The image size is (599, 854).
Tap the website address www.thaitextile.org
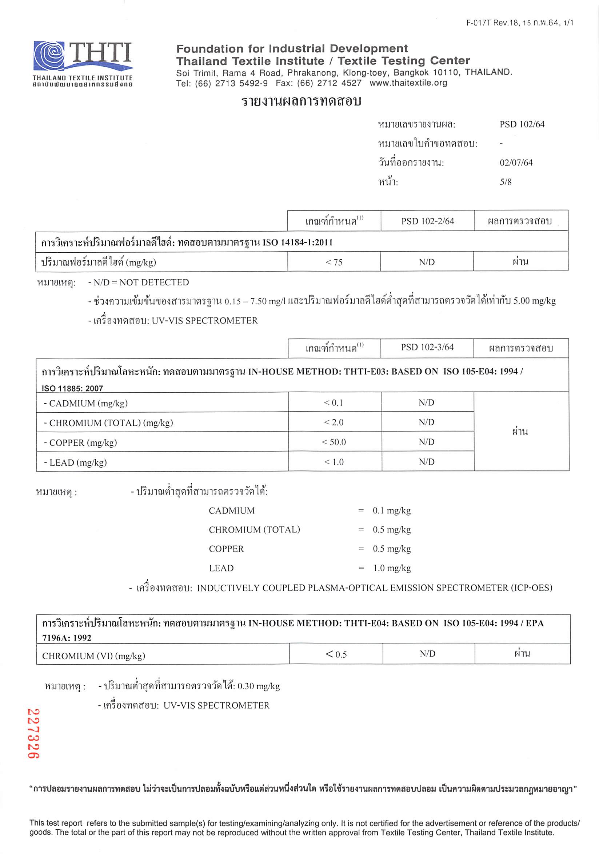click(408, 83)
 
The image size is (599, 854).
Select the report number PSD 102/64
click(522, 124)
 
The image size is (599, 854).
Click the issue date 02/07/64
click(516, 163)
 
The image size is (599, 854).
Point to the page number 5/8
click(505, 182)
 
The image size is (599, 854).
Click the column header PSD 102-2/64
click(427, 221)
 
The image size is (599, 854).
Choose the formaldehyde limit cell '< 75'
click(334, 262)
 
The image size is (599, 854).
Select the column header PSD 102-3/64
click(427, 347)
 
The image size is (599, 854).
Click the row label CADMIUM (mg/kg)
click(85, 403)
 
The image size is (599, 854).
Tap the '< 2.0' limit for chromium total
click(334, 422)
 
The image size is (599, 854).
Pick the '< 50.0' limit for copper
click(334, 442)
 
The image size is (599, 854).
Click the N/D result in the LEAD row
click(426, 462)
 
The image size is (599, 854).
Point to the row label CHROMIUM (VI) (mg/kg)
click(93, 656)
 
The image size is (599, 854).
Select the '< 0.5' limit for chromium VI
click(336, 654)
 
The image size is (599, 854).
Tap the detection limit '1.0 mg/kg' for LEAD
click(392, 568)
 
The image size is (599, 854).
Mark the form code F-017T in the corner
click(479, 23)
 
